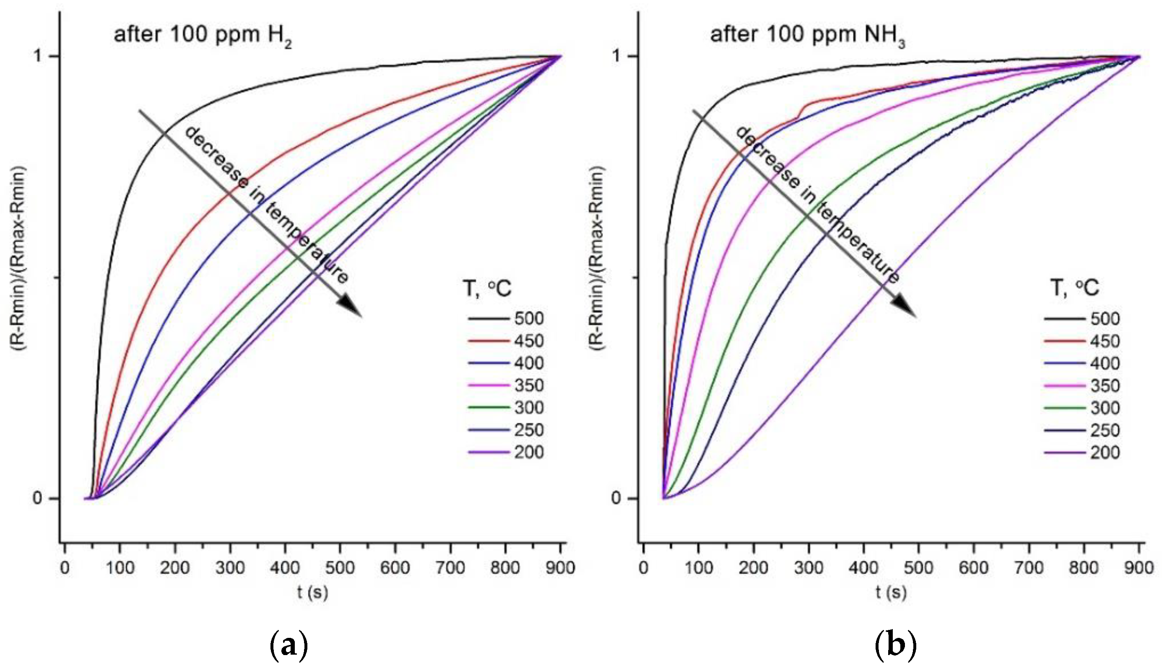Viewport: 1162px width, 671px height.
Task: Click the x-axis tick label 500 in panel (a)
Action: pos(340,568)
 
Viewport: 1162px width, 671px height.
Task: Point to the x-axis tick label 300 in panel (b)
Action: pos(808,568)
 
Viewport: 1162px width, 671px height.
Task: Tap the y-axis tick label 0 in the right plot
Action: pos(616,499)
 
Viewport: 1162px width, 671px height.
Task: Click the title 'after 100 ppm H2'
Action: pos(203,36)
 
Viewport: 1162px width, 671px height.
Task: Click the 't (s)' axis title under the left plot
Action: pos(312,593)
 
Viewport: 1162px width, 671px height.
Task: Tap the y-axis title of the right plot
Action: pos(597,263)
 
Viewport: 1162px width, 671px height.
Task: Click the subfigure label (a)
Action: pos(289,647)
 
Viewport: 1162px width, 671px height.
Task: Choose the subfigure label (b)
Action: pos(895,647)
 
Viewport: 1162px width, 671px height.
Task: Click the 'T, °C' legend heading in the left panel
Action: pos(487,289)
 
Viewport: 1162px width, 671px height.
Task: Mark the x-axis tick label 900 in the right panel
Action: pos(1139,568)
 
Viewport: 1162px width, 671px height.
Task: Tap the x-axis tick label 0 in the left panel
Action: pos(65,568)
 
